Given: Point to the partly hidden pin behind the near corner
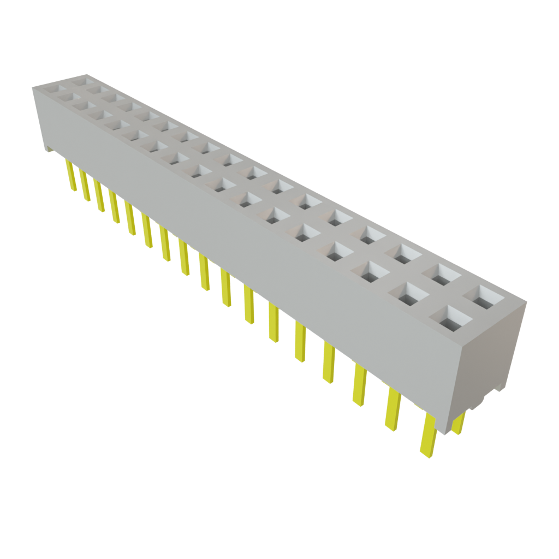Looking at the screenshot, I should coord(459,424).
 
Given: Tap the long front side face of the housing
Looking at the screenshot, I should coord(246,229).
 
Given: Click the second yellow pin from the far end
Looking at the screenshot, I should coord(85,186).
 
